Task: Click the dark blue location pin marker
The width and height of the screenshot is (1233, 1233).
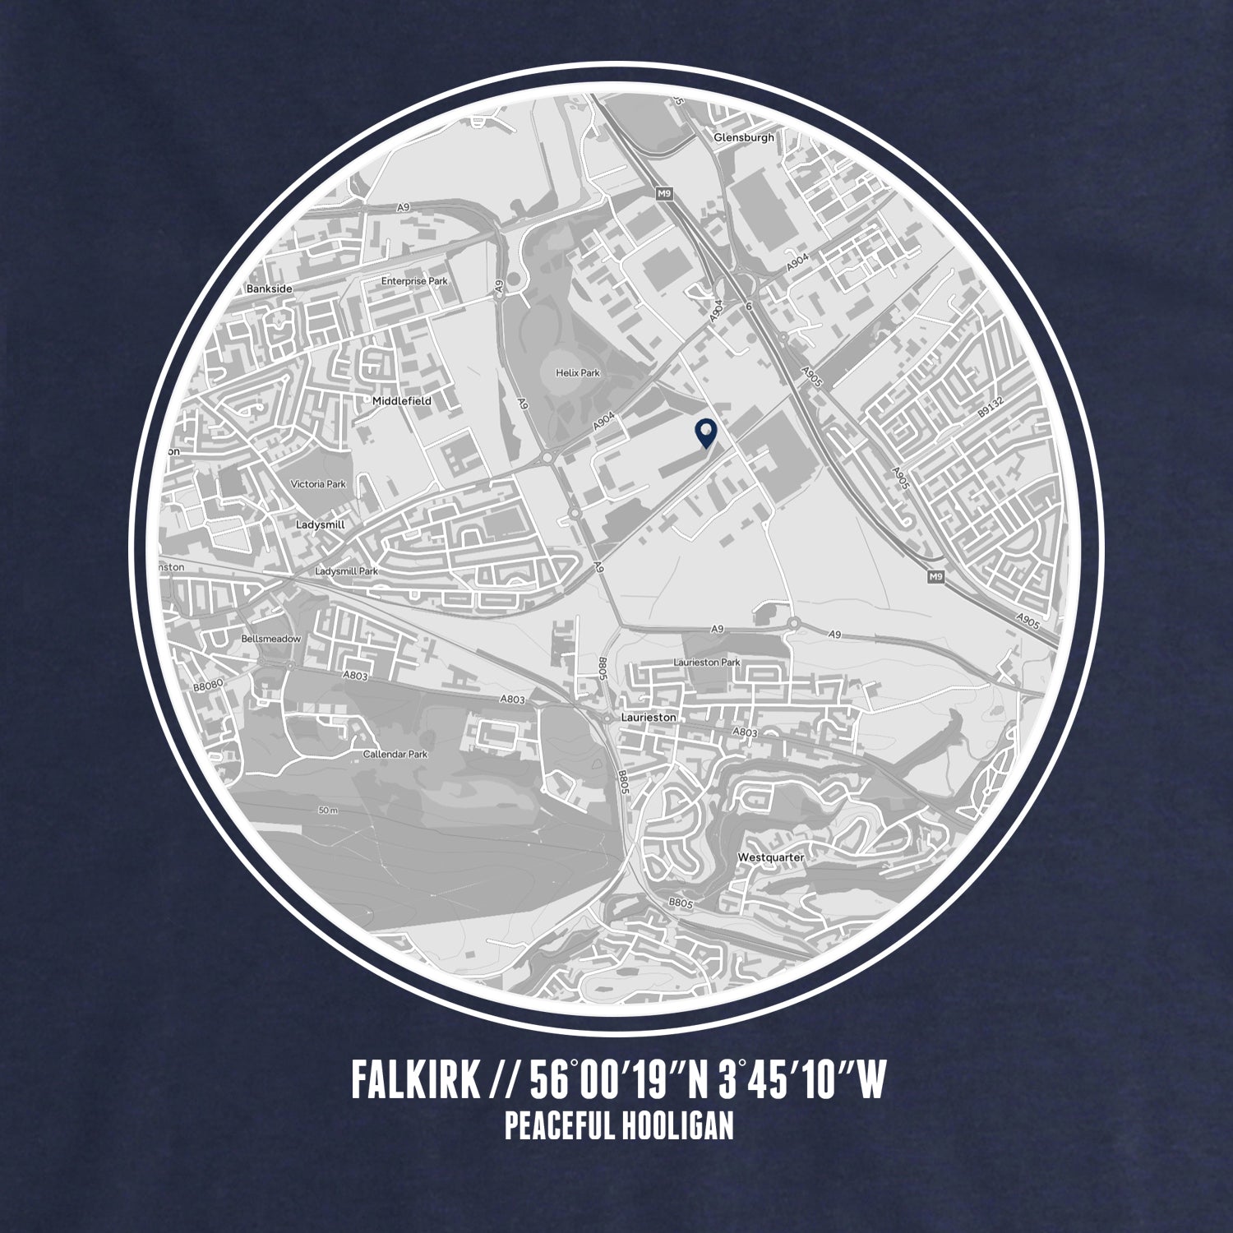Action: pyautogui.click(x=705, y=432)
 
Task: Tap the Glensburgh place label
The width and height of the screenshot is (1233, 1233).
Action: pyautogui.click(x=744, y=137)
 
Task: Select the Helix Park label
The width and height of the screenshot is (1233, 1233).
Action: pyautogui.click(x=578, y=372)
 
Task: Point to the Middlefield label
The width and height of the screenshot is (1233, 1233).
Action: pyautogui.click(x=401, y=400)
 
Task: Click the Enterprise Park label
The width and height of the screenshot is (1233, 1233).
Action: pyautogui.click(x=414, y=281)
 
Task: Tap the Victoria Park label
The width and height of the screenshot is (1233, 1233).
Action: pyautogui.click(x=318, y=484)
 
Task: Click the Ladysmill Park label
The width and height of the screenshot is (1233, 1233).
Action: pyautogui.click(x=346, y=570)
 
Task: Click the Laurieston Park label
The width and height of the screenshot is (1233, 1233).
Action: pyautogui.click(x=707, y=662)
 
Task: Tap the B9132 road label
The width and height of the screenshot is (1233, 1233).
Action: pyautogui.click(x=988, y=427)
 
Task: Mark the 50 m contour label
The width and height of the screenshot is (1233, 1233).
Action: pyautogui.click(x=328, y=810)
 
